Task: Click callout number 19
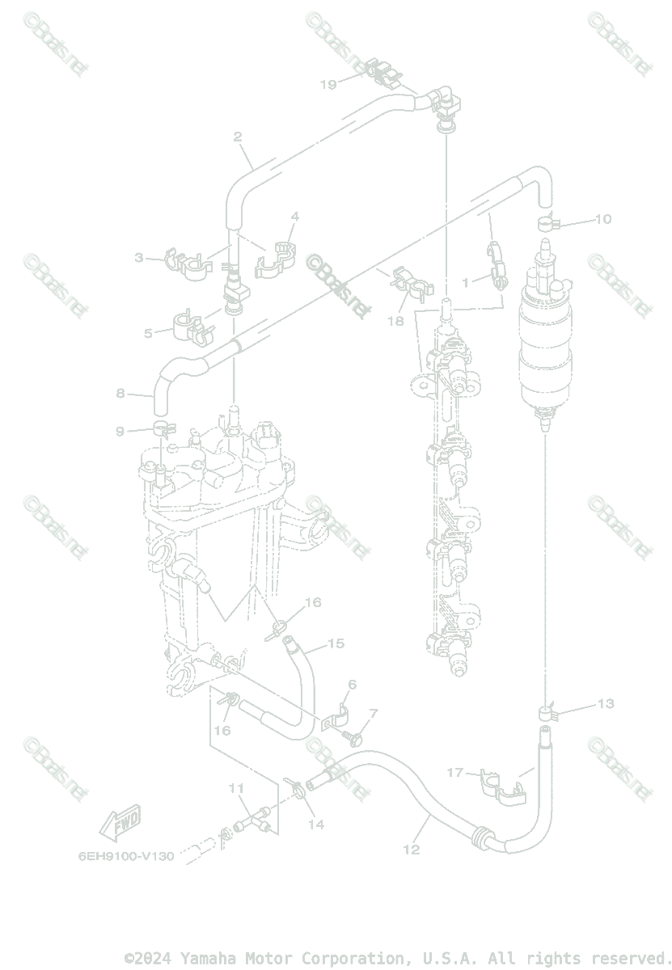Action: click(x=328, y=84)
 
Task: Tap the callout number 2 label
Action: click(x=238, y=137)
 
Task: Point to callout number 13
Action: click(x=606, y=703)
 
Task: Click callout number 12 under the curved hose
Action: click(x=412, y=850)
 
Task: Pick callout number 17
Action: click(x=455, y=773)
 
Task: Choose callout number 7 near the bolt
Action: click(x=373, y=714)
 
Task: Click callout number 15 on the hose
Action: click(x=336, y=643)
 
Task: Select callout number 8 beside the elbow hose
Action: click(x=120, y=394)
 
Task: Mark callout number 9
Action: click(x=120, y=432)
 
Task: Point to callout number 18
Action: click(x=395, y=321)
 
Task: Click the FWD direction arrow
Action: click(x=120, y=821)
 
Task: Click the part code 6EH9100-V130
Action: click(x=126, y=855)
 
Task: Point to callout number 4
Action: click(x=295, y=217)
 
